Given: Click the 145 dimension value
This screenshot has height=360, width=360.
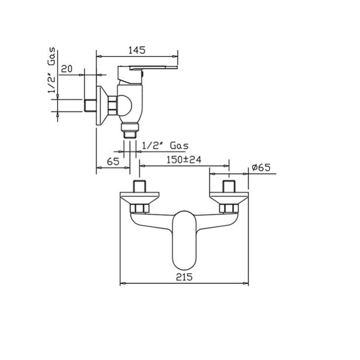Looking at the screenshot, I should pos(137,50).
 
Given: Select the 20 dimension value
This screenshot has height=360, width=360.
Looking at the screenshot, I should pos(67,69).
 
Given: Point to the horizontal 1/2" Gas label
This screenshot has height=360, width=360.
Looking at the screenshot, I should pos(165,146).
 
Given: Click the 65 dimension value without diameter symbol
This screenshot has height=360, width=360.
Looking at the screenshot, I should pos(112,161).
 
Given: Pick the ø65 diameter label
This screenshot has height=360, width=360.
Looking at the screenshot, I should pos(261,167).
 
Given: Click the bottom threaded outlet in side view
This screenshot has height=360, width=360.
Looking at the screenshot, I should pos(130,132).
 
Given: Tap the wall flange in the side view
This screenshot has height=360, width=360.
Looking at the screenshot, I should pos(102,106).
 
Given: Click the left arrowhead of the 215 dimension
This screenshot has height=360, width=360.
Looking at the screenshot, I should pos(123,283).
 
